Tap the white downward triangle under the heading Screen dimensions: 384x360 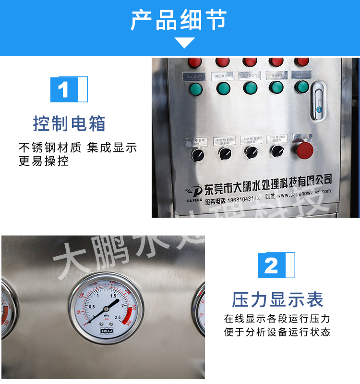click(184, 43)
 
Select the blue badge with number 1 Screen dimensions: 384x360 click(64, 90)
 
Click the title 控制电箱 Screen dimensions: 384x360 click(69, 124)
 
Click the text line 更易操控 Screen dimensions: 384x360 click(44, 161)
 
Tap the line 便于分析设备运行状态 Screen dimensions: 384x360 click(277, 332)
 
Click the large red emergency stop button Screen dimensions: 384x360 click(304, 150)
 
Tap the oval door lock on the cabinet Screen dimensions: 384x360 click(317, 101)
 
